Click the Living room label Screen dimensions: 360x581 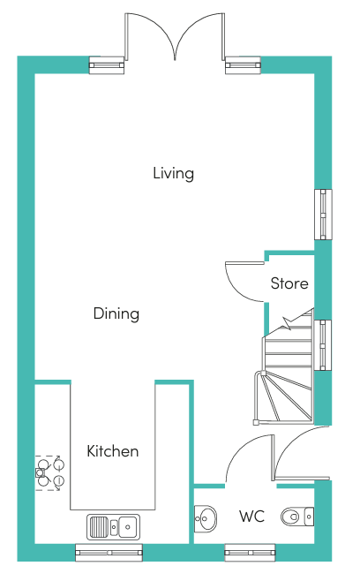pos(173,173)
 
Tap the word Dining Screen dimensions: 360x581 pos(116,313)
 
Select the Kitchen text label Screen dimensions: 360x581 pos(113,451)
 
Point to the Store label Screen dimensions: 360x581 pos(289,283)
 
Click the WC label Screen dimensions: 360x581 pos(251,517)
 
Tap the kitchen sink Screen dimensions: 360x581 pos(113,526)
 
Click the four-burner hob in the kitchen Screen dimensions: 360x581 pos(48,473)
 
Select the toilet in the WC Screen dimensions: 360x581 pos(297,517)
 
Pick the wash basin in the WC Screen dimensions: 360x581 pos(206,519)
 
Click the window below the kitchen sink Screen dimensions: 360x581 pos(109,553)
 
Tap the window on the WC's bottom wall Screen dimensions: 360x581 pos(250,553)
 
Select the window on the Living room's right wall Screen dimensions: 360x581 pos(323,215)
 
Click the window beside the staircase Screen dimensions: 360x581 pos(323,345)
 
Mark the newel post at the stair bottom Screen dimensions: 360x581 pos(256,422)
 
